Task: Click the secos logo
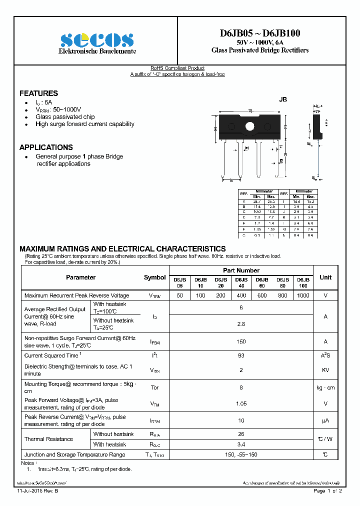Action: click(96, 40)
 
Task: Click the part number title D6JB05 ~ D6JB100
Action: click(260, 33)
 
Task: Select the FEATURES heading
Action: click(38, 93)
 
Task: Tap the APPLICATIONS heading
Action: click(46, 147)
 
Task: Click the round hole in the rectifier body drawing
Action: click(249, 125)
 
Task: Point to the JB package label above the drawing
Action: click(282, 100)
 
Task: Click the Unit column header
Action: click(325, 277)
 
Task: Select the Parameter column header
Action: click(80, 277)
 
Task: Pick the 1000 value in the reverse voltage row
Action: click(303, 295)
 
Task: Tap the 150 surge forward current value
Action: click(241, 341)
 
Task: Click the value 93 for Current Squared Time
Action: click(241, 355)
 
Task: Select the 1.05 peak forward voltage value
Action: click(241, 403)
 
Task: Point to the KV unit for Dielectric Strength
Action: click(325, 370)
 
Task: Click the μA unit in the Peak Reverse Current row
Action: click(325, 420)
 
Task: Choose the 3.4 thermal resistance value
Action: click(241, 444)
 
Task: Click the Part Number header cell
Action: click(241, 270)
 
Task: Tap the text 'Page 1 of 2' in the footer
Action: click(327, 491)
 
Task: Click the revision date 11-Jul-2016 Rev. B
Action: click(37, 491)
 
